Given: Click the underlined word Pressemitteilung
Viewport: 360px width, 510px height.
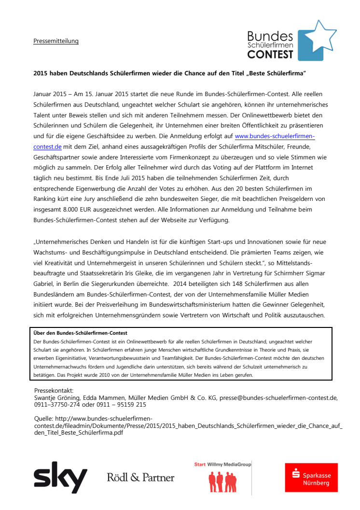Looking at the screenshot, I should tap(56, 41).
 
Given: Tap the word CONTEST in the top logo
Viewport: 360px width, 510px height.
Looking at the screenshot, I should tap(270, 55).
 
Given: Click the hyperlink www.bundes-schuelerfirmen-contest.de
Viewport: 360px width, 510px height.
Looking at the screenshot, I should tap(275, 137).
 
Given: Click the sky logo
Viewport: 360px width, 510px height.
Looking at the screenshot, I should tap(60, 477).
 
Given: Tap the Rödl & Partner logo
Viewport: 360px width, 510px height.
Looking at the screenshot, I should tap(140, 478).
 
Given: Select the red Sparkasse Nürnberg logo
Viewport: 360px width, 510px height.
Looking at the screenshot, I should tap(311, 477).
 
